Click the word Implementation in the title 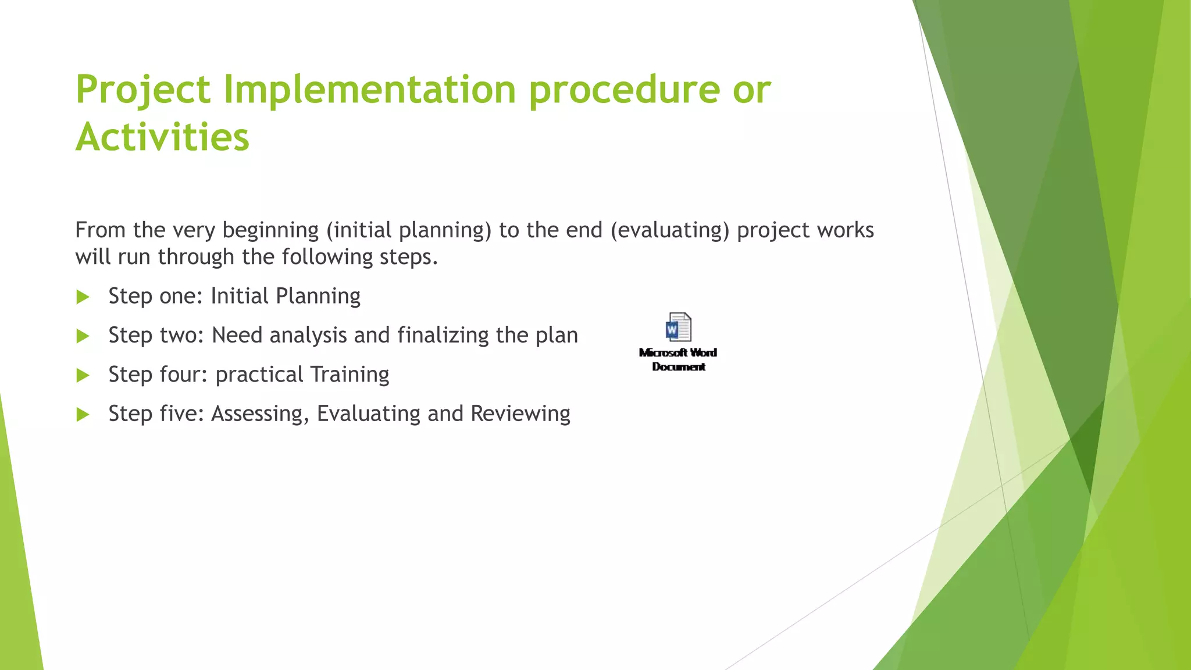pos(369,90)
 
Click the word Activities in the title pos(162,138)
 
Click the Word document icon pos(678,327)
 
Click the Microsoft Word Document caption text pos(678,359)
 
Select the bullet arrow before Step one pos(83,297)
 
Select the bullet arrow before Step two pos(83,336)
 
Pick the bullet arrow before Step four pos(83,376)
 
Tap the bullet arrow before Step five pos(83,415)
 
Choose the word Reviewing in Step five pos(520,414)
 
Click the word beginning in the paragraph pos(270,231)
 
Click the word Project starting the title pos(143,90)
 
